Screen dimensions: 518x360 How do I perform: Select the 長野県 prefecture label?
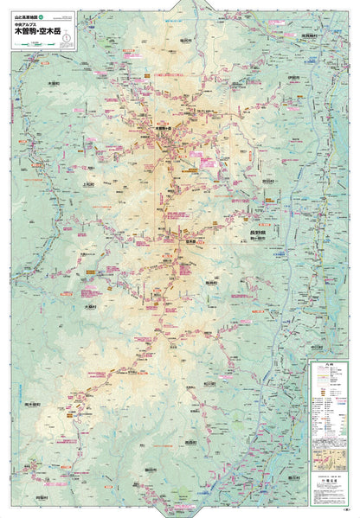(248, 233)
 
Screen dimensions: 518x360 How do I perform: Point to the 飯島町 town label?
(209, 282)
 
